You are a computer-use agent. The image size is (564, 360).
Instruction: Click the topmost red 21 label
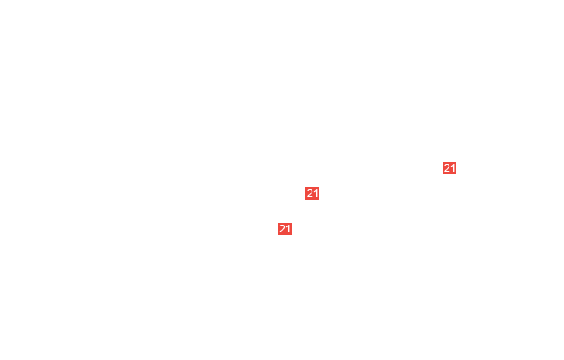coord(449,168)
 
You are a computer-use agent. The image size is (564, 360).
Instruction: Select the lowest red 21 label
coord(285,229)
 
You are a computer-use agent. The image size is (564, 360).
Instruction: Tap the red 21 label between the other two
coord(312,193)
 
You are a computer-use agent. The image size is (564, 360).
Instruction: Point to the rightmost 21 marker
coord(449,168)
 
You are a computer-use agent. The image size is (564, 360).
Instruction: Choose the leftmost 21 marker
coord(285,229)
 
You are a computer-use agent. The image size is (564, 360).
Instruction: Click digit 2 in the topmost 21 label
coord(447,168)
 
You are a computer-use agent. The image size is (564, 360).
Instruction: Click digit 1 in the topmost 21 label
coord(453,168)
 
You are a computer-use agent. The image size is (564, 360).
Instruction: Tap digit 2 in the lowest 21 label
coord(282,229)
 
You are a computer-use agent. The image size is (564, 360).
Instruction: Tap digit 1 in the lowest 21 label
coord(288,229)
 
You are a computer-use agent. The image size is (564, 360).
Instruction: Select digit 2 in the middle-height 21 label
coord(310,193)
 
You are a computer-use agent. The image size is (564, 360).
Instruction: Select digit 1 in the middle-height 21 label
coord(316,193)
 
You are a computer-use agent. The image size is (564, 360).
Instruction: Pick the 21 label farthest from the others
coord(449,168)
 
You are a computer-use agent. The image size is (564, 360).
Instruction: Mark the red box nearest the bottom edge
coord(285,229)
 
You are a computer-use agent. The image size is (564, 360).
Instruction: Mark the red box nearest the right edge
coord(449,168)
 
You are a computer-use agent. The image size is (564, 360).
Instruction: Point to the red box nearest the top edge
coord(449,168)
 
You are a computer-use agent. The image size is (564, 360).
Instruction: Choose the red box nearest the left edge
coord(285,229)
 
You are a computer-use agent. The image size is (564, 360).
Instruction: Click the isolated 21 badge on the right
coord(449,168)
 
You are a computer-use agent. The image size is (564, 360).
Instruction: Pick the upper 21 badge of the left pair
coord(312,193)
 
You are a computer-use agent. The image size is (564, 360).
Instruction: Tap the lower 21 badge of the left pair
coord(285,229)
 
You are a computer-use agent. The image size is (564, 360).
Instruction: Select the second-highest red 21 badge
coord(312,193)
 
